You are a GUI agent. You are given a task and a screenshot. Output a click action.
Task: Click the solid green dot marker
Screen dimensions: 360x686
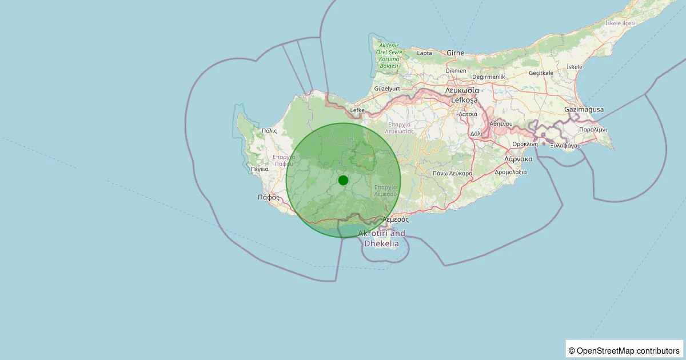343,180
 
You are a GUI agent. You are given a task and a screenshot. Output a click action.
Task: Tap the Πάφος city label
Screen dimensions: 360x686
268,197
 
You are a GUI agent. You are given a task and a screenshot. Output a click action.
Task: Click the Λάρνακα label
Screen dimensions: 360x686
519,159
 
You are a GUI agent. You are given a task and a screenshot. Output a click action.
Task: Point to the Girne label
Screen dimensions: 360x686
456,53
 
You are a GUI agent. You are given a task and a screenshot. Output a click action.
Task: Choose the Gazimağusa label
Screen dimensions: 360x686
584,109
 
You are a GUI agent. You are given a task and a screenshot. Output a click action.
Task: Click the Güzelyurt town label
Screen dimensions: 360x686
386,89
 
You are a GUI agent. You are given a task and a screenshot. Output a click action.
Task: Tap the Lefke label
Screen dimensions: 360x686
357,110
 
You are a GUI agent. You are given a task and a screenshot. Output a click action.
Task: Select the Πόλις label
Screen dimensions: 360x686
269,131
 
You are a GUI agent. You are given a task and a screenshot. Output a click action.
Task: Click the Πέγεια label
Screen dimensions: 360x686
260,169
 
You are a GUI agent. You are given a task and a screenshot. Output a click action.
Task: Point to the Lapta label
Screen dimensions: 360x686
425,53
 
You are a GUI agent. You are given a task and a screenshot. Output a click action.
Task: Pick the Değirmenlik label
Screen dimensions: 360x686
489,77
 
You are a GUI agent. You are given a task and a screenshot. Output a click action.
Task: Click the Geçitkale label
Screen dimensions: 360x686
541,73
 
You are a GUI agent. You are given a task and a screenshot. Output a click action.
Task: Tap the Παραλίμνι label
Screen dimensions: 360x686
593,130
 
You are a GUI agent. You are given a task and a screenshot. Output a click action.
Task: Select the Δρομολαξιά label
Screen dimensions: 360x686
510,172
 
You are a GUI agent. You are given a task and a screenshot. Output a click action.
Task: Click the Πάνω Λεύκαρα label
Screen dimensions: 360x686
452,173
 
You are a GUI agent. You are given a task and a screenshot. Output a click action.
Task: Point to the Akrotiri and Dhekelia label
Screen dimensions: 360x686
381,238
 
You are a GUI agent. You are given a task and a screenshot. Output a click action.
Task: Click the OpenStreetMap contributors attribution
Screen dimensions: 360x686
624,350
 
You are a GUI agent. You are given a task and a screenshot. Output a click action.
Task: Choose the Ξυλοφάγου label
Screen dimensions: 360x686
565,146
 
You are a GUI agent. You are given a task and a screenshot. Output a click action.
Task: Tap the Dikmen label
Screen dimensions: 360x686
456,70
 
